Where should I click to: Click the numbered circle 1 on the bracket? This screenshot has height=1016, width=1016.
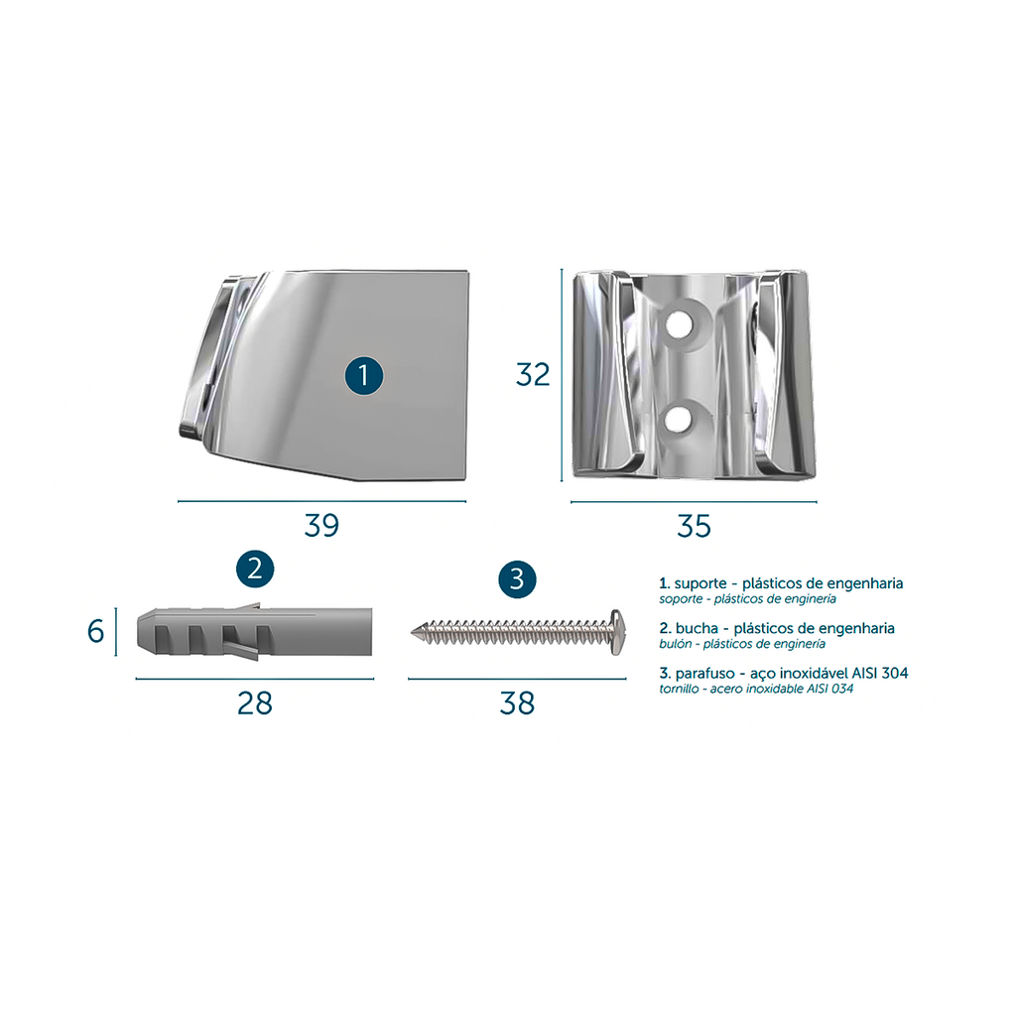(363, 376)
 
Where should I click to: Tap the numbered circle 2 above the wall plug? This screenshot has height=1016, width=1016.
(255, 569)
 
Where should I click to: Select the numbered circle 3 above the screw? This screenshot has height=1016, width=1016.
(517, 578)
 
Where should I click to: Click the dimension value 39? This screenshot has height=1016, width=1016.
(322, 526)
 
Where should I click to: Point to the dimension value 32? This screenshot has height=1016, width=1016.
(533, 374)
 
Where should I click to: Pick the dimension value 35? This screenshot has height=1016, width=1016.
(694, 526)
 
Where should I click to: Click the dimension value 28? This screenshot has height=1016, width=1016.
(255, 703)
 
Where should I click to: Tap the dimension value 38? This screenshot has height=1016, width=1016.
(517, 703)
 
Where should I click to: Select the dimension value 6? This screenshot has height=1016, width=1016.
(96, 631)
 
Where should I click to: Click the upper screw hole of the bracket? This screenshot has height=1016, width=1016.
(678, 323)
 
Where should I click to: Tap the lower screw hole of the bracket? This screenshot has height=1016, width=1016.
(678, 420)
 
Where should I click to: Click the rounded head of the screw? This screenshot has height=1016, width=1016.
(618, 632)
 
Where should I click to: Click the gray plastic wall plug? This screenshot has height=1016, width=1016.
(255, 632)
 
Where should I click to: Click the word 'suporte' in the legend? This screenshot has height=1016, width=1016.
(700, 583)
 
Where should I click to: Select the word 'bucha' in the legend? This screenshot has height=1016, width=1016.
(697, 628)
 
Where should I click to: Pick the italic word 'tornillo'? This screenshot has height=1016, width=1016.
(679, 689)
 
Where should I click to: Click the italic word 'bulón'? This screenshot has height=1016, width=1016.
(677, 644)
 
